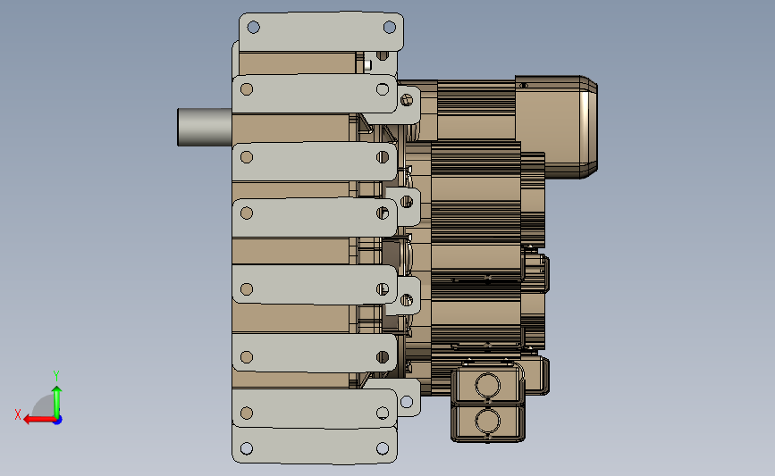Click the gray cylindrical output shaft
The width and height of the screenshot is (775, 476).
(x=205, y=128)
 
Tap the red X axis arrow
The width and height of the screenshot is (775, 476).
(x=38, y=420)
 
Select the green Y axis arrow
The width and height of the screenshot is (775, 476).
(x=57, y=402)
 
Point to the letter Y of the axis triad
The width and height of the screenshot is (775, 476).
(x=56, y=376)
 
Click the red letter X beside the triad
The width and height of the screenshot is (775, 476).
(x=18, y=414)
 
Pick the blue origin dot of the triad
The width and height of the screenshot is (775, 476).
(x=58, y=420)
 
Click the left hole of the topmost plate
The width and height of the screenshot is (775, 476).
(x=253, y=27)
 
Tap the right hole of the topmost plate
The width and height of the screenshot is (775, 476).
(x=390, y=27)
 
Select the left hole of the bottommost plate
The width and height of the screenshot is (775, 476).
(x=247, y=448)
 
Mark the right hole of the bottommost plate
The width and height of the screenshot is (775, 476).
(x=382, y=448)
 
